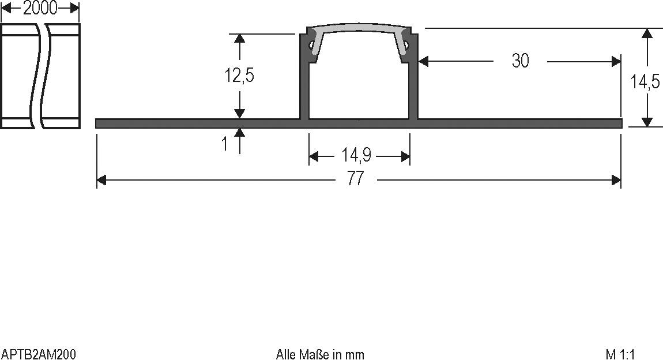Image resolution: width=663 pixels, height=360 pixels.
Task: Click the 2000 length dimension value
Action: (x=40, y=7)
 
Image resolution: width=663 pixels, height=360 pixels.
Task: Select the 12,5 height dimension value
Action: (x=239, y=76)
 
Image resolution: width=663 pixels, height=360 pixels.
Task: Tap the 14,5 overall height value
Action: (x=645, y=82)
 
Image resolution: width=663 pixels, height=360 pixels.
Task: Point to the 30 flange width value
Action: (x=520, y=61)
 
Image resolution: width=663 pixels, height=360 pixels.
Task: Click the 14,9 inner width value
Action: (x=356, y=155)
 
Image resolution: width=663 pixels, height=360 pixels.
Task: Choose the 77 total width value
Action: (x=356, y=179)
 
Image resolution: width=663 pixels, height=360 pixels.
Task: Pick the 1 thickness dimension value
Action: (x=225, y=144)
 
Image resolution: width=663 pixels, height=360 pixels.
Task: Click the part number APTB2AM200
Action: (x=39, y=354)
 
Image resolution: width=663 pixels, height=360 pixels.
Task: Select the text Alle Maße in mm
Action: (x=320, y=354)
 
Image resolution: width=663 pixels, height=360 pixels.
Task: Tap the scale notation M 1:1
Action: (x=620, y=354)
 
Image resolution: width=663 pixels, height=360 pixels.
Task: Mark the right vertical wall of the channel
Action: (x=413, y=87)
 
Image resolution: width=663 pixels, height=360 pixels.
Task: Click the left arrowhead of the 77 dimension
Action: (x=101, y=181)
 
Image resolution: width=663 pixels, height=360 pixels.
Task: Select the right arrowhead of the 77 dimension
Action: (x=616, y=181)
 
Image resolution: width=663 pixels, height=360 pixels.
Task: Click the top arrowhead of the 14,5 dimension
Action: (x=648, y=33)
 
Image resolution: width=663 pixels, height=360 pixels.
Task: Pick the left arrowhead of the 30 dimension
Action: (x=424, y=61)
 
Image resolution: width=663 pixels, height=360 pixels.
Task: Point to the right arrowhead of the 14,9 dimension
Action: (x=405, y=156)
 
